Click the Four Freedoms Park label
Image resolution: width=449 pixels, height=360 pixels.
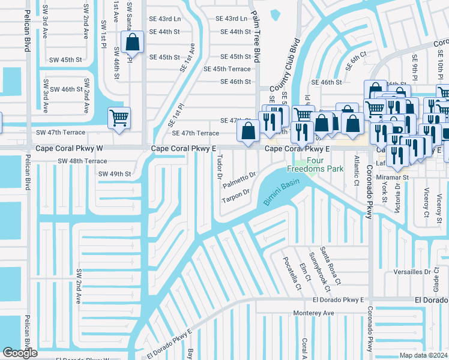[317, 164]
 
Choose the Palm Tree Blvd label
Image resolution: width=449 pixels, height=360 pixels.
[256, 36]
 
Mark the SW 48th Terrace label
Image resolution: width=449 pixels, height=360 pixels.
[82, 161]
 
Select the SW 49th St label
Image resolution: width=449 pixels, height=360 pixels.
[115, 174]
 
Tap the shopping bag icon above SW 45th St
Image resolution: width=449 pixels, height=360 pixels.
[132, 42]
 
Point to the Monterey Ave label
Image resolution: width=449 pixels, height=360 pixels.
[313, 313]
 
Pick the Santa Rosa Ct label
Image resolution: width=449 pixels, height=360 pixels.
[330, 266]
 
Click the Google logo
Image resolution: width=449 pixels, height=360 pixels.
[20, 353]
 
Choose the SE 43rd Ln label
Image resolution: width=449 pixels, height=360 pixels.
[232, 19]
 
